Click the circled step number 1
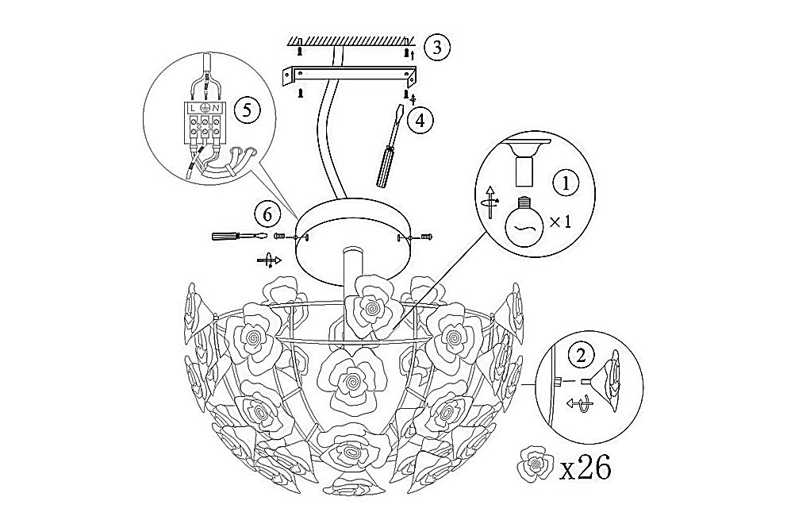click(x=566, y=183)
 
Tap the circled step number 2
click(x=581, y=356)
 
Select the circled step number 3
click(x=437, y=47)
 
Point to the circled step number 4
click(x=420, y=120)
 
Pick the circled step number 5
click(x=248, y=110)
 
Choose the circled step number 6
click(x=268, y=214)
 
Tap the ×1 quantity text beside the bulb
click(x=560, y=221)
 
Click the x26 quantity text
click(x=586, y=468)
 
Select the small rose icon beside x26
click(x=535, y=463)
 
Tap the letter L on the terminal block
click(x=194, y=108)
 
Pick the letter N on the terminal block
click(x=216, y=108)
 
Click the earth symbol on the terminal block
click(x=205, y=108)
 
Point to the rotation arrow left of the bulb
click(x=491, y=202)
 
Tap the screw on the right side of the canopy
click(x=427, y=237)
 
